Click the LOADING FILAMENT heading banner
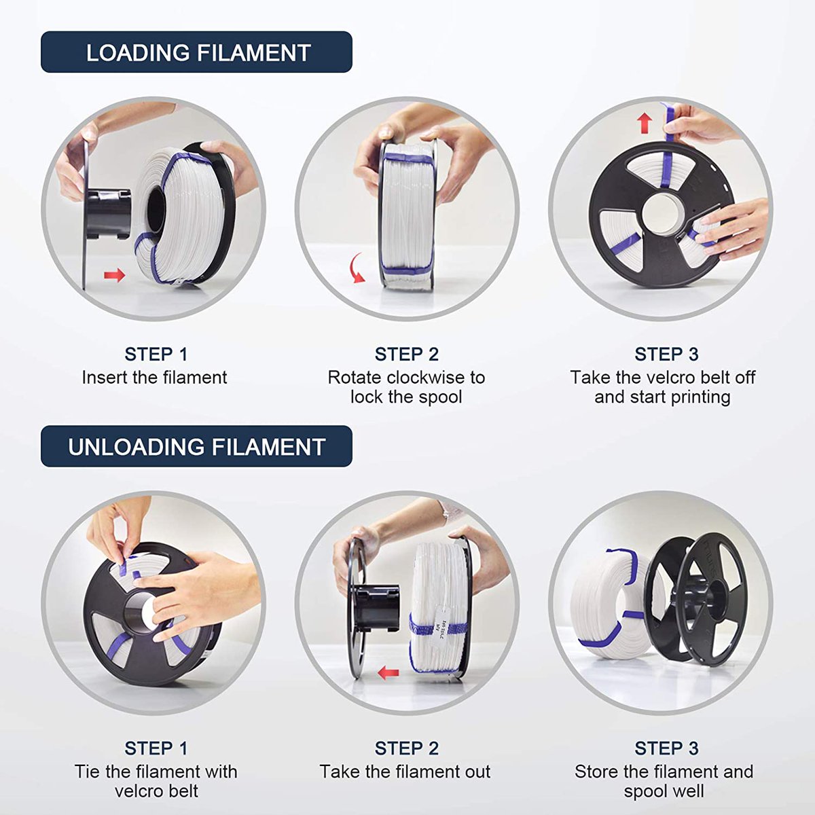pos(196,52)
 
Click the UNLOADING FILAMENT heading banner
pos(196,447)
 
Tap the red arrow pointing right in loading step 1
pos(114,275)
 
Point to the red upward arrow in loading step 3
pos(645,123)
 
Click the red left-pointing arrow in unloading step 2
pos(388,672)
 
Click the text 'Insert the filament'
pos(154,378)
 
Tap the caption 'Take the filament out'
pos(405,772)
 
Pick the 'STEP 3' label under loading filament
pos(666,355)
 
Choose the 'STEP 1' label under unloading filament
pos(156,748)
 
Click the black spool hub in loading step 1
pos(109,214)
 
